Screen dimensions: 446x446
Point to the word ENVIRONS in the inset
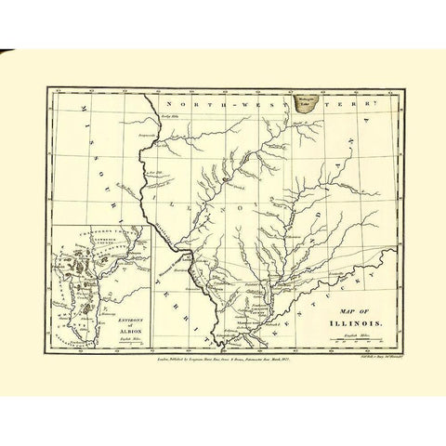click(x=121, y=315)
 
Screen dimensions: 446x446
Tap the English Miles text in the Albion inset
click(x=122, y=341)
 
